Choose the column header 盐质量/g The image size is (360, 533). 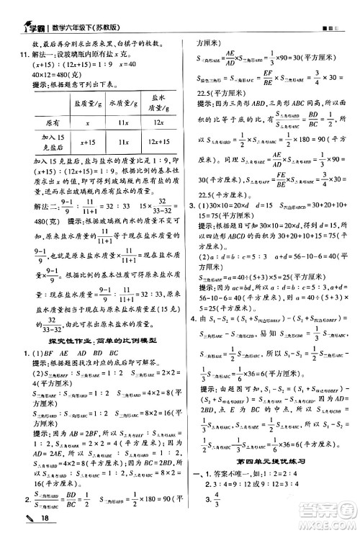pyautogui.click(x=86, y=104)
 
